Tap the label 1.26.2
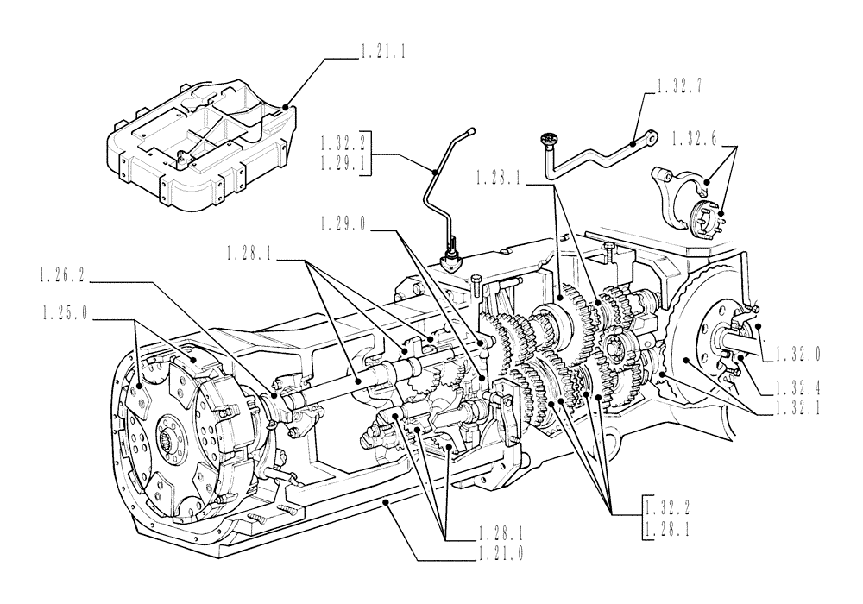tap(66, 278)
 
